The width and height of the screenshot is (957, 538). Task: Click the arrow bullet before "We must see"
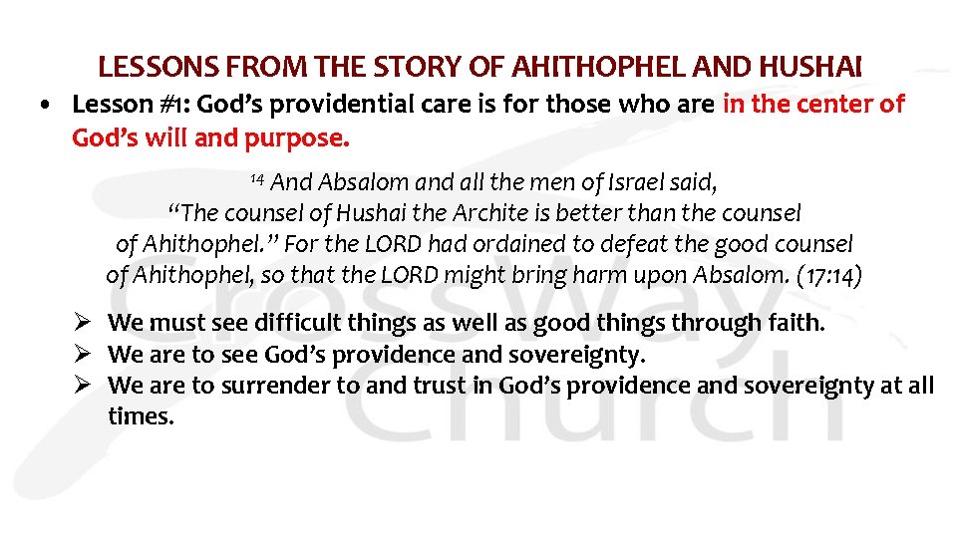click(85, 322)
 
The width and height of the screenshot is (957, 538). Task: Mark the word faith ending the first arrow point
click(797, 323)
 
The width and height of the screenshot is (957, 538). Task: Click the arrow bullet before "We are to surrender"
click(85, 386)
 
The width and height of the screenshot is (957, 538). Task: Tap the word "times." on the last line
click(141, 416)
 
